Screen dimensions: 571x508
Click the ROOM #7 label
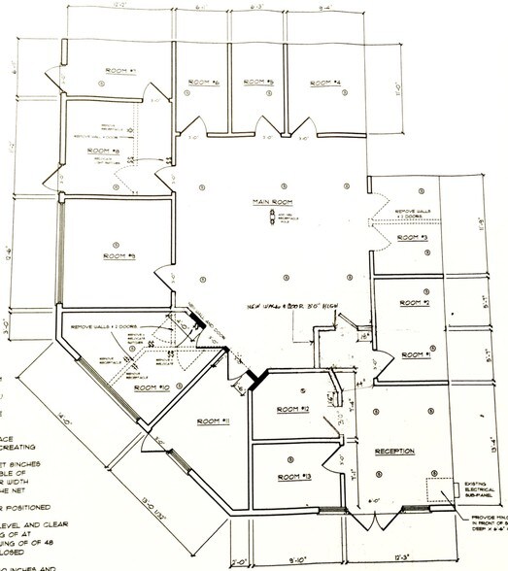pos(120,71)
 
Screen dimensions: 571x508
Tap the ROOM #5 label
pos(257,83)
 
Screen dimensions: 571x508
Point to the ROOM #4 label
pos(323,83)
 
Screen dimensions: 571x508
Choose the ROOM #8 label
pos(102,151)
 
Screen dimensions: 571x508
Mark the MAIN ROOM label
pos(269,202)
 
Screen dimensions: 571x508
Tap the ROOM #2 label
pos(415,303)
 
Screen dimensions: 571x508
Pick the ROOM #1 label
pos(416,353)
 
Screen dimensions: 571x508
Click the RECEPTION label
pos(394,452)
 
